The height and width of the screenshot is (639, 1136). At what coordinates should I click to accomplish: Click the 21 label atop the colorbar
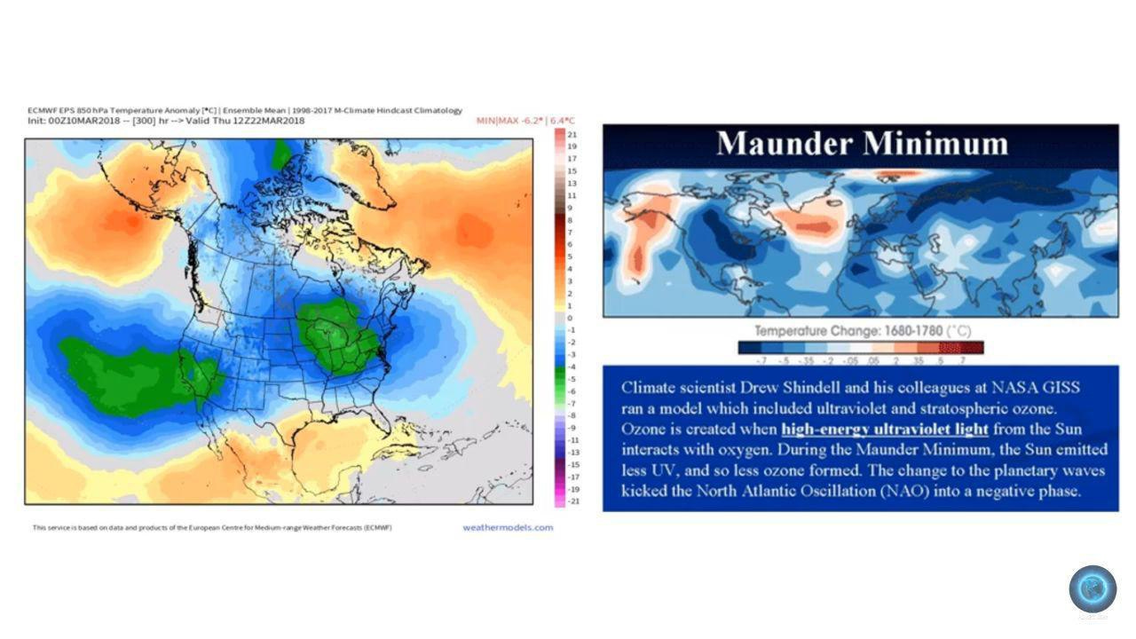click(572, 133)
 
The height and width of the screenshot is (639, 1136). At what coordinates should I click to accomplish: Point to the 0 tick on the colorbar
click(570, 318)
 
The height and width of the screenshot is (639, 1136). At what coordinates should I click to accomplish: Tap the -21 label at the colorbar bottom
click(573, 501)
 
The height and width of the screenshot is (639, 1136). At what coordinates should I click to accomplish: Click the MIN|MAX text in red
click(497, 121)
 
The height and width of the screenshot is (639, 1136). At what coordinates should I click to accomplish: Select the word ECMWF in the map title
click(41, 111)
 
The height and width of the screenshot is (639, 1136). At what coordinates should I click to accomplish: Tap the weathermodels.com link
click(508, 527)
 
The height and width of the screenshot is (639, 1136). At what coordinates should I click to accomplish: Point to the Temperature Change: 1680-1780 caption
click(862, 331)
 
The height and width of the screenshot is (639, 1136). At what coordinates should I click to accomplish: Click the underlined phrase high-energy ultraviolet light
click(885, 430)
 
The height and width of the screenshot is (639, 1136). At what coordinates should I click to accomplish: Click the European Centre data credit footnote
click(212, 528)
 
